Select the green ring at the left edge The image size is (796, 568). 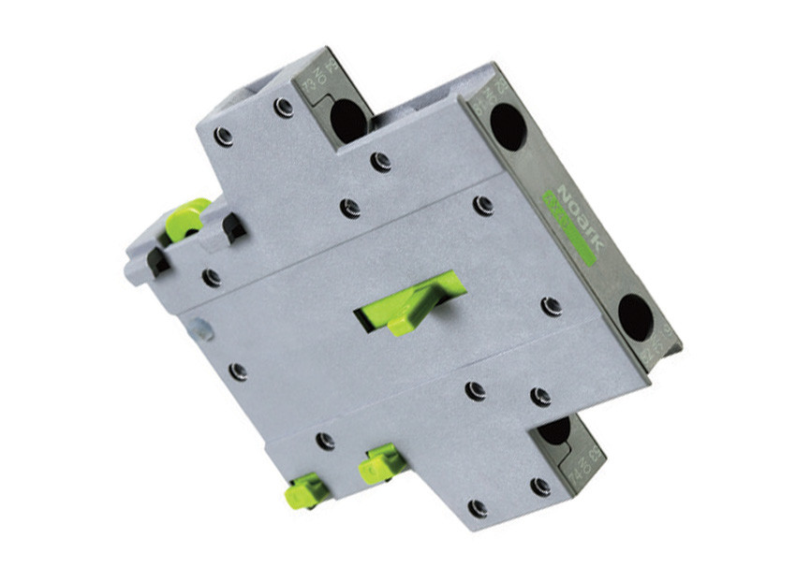point(185,219)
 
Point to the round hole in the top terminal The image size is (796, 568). point(347,119)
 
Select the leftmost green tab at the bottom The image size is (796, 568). point(306,490)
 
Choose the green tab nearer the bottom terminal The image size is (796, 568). point(381,463)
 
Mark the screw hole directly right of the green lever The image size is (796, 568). point(552,306)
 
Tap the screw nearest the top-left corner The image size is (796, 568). point(223,137)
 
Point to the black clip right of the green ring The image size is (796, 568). point(231,227)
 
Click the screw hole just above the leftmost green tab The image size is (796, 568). point(325,440)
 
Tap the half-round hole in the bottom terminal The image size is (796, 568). point(554,430)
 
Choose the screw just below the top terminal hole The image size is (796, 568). point(380,162)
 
